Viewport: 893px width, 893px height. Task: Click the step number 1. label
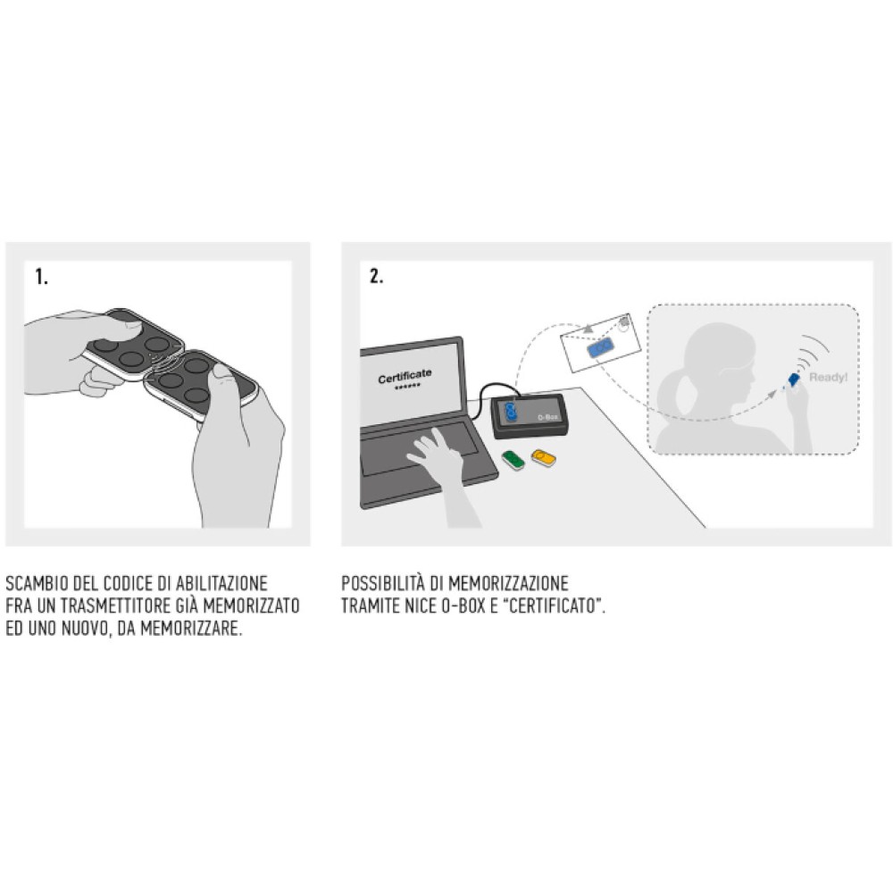coord(42,277)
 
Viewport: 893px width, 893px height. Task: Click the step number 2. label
coord(377,276)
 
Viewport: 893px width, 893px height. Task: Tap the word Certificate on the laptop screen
coord(405,375)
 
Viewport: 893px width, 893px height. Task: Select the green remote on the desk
coord(513,460)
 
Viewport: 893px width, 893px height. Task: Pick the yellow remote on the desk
coord(543,458)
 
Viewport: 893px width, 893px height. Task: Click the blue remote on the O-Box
coord(511,411)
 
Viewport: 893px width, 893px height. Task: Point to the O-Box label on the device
coord(548,417)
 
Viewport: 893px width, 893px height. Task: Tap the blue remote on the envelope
coord(600,347)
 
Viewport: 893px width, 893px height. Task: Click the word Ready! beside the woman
coord(828,377)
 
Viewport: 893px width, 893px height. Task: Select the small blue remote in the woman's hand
coord(792,380)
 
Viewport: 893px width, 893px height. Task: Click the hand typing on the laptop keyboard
coord(438,453)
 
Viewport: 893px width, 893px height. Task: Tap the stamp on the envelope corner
coord(623,322)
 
